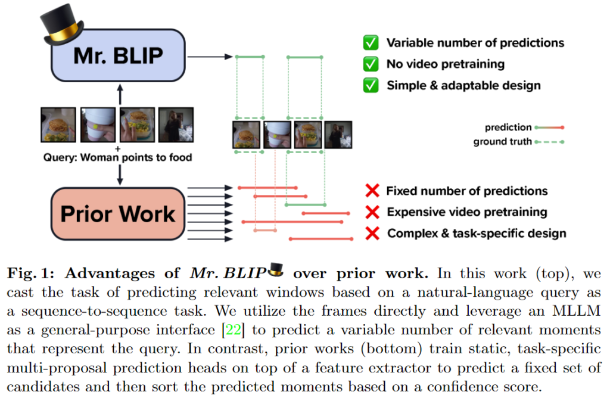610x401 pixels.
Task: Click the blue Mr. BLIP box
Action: click(119, 55)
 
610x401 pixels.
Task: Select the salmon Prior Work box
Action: click(119, 214)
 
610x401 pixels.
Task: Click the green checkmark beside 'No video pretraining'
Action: click(371, 64)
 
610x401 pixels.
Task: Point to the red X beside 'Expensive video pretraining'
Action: click(372, 212)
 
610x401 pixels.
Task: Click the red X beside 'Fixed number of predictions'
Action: click(372, 191)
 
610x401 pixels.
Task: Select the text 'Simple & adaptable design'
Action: click(463, 85)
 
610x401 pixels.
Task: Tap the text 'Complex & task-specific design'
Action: click(477, 233)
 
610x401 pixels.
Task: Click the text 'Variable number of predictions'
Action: click(475, 42)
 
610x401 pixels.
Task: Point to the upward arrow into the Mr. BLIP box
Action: click(121, 94)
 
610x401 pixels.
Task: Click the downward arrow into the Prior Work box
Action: click(121, 174)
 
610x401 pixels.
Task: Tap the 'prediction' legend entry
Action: click(508, 127)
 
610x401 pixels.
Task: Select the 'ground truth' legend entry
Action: click(502, 142)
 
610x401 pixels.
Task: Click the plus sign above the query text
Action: click(117, 148)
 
